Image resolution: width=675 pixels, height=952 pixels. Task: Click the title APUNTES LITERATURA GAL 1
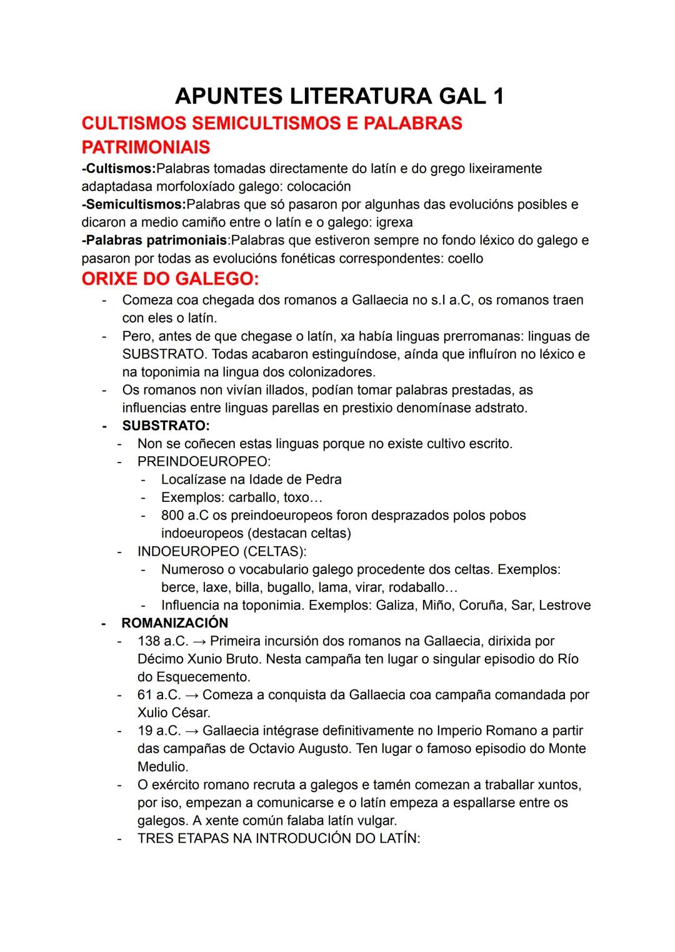tap(339, 96)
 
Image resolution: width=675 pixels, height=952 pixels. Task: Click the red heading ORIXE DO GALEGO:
tap(170, 278)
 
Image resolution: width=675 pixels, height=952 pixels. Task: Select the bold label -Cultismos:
tap(119, 169)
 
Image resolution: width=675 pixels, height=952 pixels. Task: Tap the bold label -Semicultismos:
tap(134, 204)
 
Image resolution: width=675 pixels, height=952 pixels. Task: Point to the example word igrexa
tap(394, 222)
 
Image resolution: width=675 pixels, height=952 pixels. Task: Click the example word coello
tap(466, 258)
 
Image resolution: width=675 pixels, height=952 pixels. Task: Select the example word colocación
tap(319, 187)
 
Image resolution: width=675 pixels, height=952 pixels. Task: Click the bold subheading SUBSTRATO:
tap(166, 426)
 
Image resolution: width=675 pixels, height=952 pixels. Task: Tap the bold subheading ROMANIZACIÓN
tap(175, 623)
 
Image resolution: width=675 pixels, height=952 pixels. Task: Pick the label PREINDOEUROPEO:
tap(204, 461)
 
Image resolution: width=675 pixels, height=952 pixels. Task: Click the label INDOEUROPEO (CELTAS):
tap(222, 551)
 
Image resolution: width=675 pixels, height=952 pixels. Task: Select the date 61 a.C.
tap(159, 695)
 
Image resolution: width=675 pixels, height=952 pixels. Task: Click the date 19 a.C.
tap(159, 730)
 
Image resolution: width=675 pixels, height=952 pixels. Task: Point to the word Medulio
tap(162, 767)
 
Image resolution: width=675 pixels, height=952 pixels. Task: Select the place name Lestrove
tap(564, 605)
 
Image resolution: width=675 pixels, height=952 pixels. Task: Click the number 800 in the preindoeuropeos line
tap(172, 516)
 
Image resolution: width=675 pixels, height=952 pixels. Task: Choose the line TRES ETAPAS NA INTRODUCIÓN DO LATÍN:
tap(279, 838)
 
